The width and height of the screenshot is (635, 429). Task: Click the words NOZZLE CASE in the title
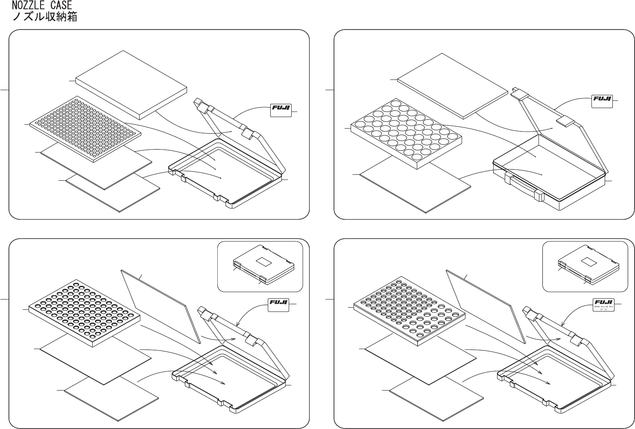coord(41,6)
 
